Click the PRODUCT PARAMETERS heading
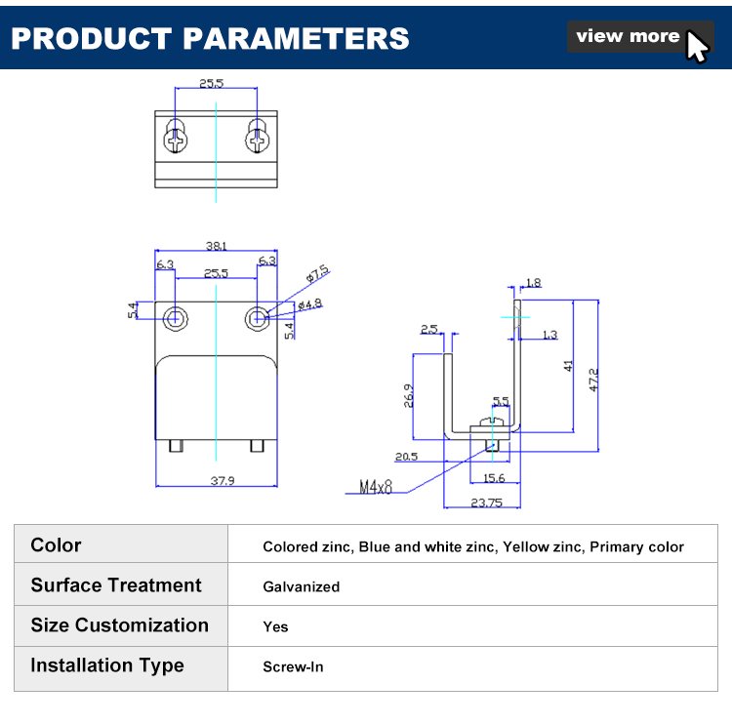210,38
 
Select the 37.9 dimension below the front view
217,479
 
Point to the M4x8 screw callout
375,486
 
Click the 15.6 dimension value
494,478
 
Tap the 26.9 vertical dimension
409,395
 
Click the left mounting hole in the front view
177,317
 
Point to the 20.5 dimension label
406,457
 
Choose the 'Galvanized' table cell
302,586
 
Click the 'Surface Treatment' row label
116,585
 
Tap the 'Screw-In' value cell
293,667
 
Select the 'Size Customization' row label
119,625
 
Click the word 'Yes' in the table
275,627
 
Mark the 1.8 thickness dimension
533,283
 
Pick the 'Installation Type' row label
107,665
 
